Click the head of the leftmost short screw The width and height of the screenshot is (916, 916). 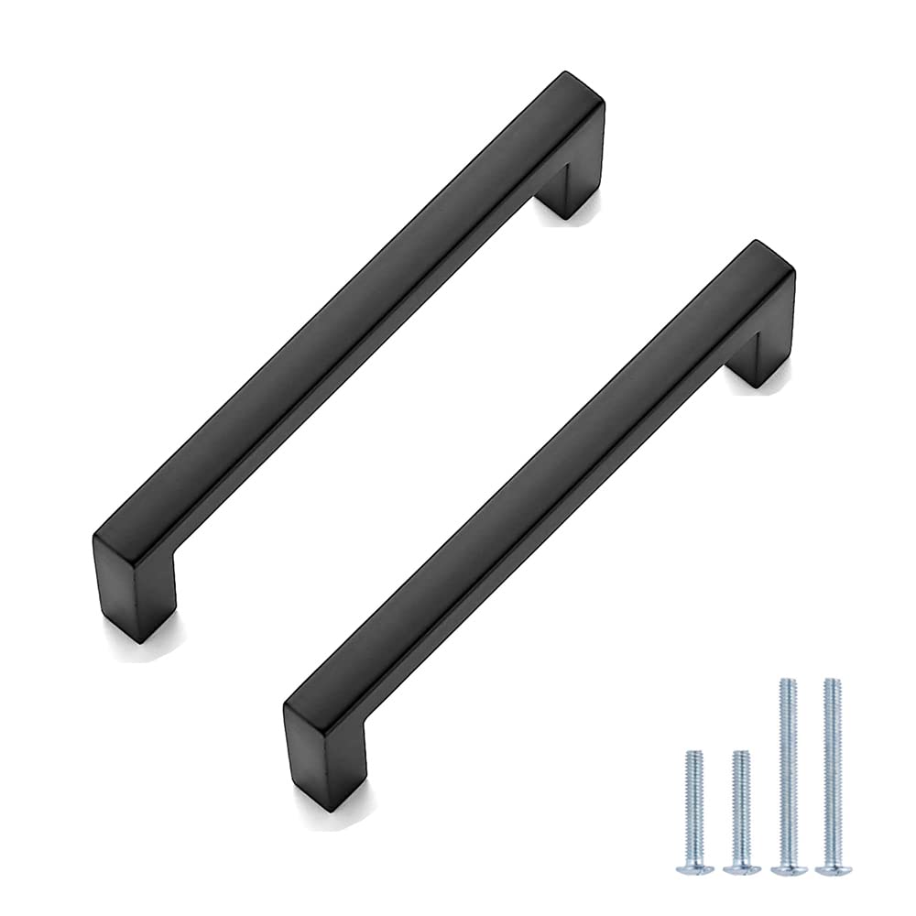click(693, 864)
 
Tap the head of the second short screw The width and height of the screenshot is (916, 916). click(741, 865)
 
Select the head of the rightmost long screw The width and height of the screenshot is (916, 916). click(831, 865)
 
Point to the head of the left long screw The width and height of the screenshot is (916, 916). click(788, 865)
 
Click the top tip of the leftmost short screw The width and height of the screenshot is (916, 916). click(693, 754)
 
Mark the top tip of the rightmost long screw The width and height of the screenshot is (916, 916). click(831, 681)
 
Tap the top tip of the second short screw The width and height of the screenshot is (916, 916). click(741, 754)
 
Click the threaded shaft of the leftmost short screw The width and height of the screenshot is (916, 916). click(693, 806)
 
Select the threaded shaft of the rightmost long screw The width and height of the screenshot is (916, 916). click(831, 769)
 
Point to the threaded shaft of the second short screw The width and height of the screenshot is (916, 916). click(741, 806)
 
